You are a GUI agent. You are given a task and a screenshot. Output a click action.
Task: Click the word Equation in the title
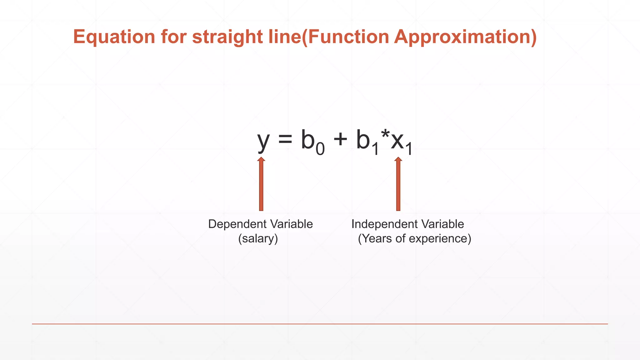(114, 37)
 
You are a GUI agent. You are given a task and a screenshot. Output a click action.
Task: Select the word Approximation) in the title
(465, 37)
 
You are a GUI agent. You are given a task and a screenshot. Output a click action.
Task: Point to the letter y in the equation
(263, 141)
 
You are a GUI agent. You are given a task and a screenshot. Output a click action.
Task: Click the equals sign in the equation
(285, 139)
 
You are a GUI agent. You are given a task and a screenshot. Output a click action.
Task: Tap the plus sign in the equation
(340, 139)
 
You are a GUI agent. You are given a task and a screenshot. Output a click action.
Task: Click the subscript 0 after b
(320, 149)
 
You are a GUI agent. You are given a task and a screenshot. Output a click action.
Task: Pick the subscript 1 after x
(409, 149)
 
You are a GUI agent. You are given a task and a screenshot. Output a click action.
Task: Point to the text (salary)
(258, 239)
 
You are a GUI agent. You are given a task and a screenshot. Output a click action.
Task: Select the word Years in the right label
(377, 239)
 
